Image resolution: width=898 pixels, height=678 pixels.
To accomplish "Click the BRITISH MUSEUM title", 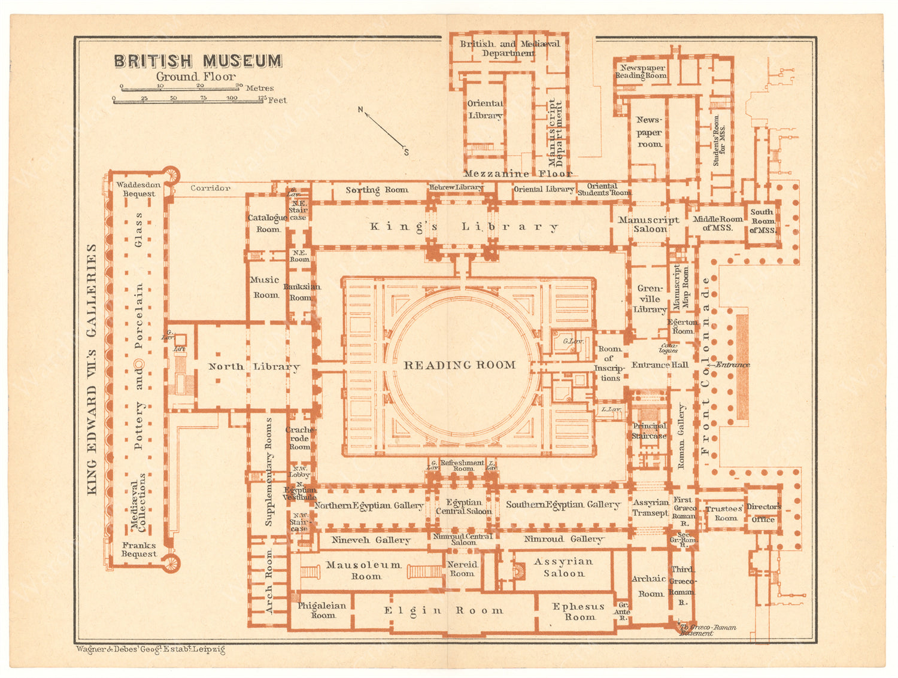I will [198, 61].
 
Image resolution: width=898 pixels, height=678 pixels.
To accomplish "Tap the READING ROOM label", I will [459, 365].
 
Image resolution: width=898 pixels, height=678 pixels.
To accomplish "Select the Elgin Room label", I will [444, 610].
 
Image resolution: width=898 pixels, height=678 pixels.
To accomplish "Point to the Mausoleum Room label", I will [364, 570].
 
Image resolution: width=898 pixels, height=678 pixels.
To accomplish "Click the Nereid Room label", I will [462, 568].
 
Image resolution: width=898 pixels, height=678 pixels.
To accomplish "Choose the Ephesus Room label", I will [578, 611].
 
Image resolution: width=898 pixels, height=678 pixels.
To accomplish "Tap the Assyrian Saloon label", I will [563, 567].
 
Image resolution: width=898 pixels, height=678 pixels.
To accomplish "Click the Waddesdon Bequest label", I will [138, 189].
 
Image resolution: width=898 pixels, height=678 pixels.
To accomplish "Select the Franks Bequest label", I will [139, 549].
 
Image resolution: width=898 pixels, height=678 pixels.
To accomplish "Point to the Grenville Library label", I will [650, 299].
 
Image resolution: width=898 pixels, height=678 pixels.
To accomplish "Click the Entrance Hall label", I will [660, 364].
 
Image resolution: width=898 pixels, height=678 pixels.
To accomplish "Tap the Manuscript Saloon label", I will [649, 224].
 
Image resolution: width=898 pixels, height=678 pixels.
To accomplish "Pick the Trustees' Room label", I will [724, 513].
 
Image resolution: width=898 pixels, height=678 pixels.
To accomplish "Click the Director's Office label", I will [763, 513].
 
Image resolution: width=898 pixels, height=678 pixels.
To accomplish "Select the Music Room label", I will [265, 287].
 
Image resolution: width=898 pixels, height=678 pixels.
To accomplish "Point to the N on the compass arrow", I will [360, 110].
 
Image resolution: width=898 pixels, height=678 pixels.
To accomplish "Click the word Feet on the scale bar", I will [277, 101].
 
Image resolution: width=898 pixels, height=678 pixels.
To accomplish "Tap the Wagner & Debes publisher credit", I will [150, 649].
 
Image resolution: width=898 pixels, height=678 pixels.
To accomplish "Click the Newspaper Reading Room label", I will [642, 71].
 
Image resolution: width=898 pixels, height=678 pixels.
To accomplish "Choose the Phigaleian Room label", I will [322, 610].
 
